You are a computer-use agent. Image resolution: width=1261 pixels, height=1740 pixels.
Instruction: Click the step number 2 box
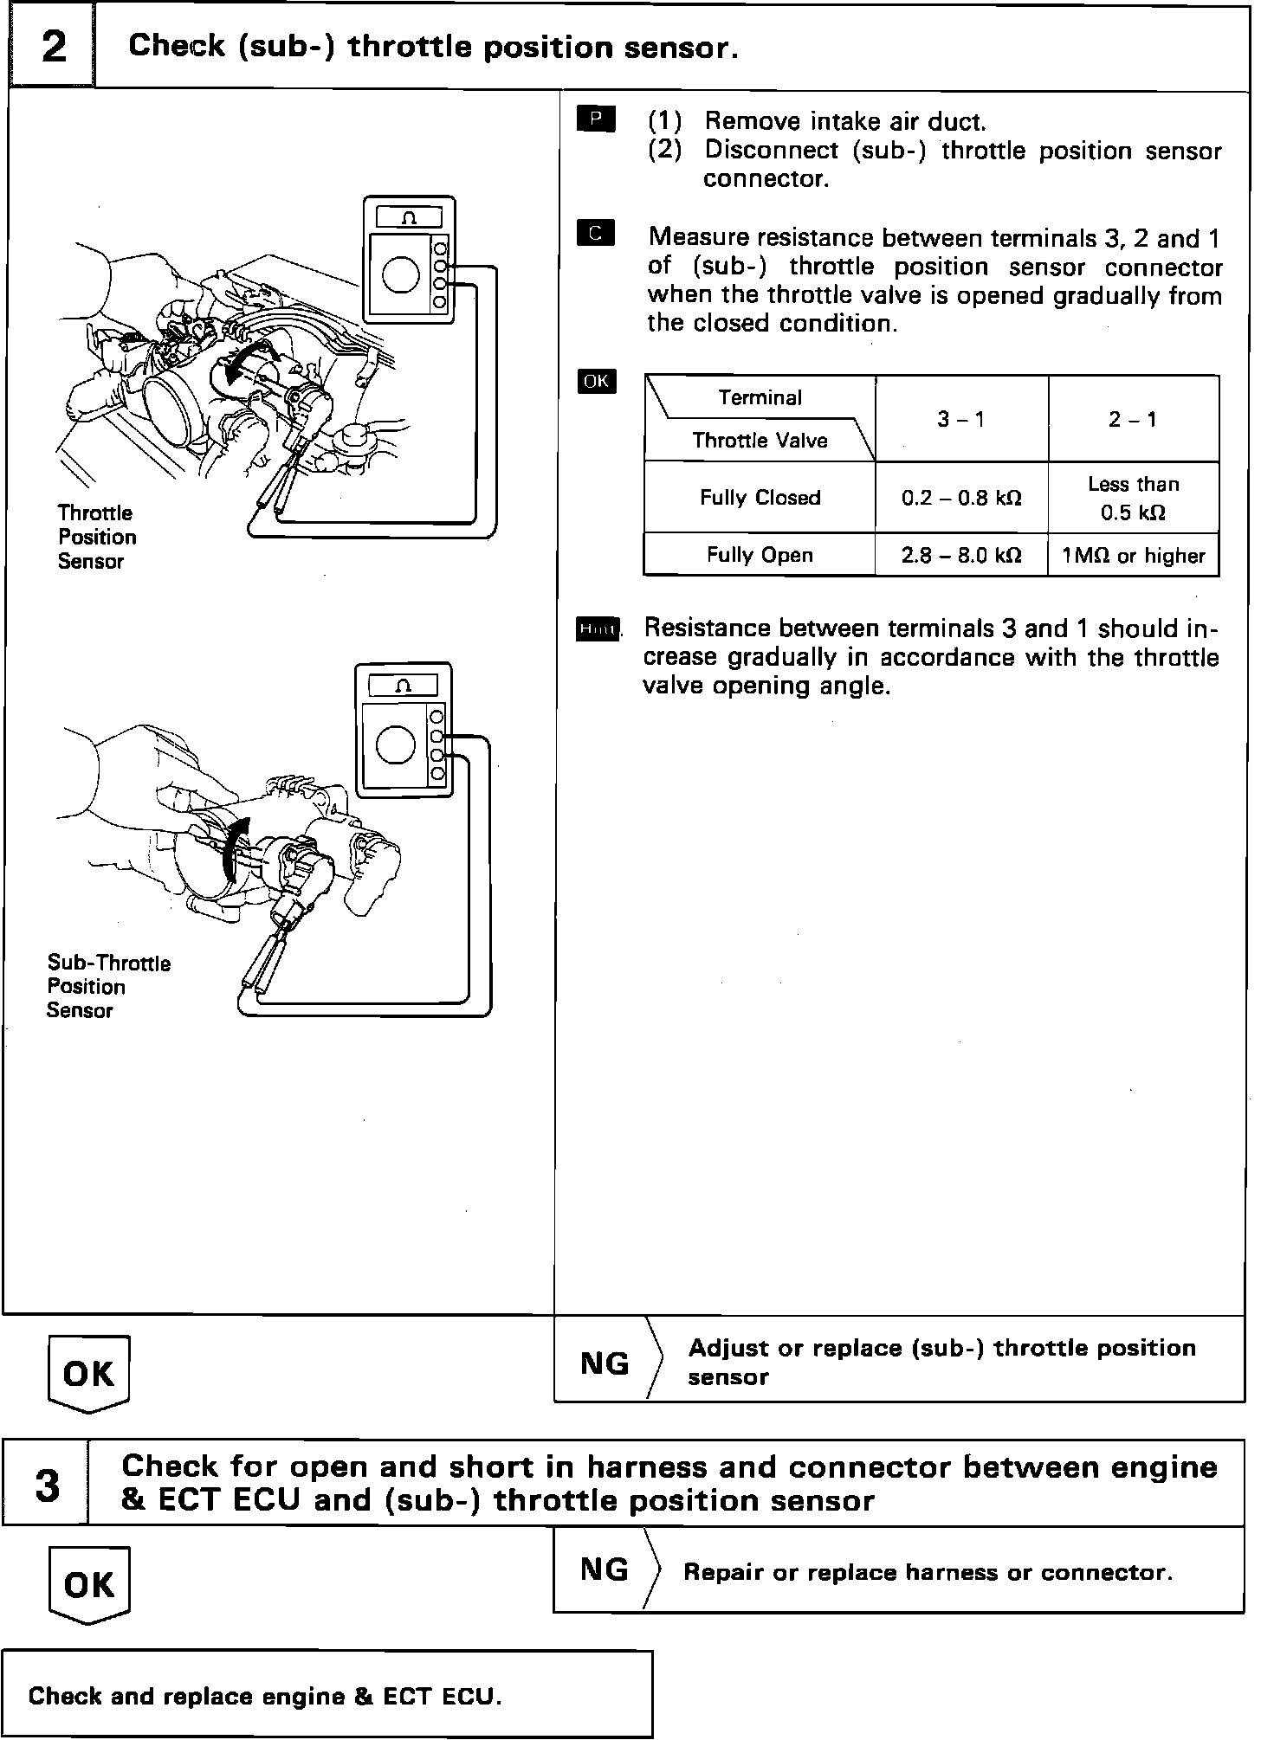(53, 47)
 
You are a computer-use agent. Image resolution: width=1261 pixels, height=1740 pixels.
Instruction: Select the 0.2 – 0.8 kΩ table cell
(961, 498)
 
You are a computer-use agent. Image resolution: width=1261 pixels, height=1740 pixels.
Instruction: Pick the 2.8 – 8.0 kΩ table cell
(961, 555)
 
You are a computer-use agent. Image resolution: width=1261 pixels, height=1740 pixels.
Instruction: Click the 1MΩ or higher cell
(1134, 555)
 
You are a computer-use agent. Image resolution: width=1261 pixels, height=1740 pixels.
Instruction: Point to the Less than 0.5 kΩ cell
(1134, 498)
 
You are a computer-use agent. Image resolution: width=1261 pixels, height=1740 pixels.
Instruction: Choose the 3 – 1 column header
(961, 419)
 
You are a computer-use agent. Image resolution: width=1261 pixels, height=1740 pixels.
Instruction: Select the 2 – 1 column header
(1134, 419)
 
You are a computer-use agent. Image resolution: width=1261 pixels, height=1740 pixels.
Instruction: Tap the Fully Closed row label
(760, 498)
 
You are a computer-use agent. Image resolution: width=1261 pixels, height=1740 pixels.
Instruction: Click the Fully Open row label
(760, 555)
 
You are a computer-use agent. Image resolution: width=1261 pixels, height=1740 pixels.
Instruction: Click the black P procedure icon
(595, 119)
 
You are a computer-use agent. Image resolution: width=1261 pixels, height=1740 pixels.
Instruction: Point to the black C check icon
(595, 233)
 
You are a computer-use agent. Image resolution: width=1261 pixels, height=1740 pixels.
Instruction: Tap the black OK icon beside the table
(597, 381)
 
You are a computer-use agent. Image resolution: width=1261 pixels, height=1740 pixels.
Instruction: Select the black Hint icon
(598, 629)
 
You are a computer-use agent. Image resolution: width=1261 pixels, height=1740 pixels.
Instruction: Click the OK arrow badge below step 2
(88, 1373)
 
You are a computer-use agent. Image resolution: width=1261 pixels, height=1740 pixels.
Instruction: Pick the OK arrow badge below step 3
(88, 1585)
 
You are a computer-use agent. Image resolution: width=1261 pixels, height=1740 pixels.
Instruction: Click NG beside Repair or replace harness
(605, 1569)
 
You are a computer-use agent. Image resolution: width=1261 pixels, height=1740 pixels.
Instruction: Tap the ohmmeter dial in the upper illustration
(401, 274)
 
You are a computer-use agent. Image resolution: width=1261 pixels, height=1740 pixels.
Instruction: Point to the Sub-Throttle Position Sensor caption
(108, 987)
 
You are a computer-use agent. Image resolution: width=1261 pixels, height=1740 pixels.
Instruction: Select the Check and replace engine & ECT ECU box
(327, 1695)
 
